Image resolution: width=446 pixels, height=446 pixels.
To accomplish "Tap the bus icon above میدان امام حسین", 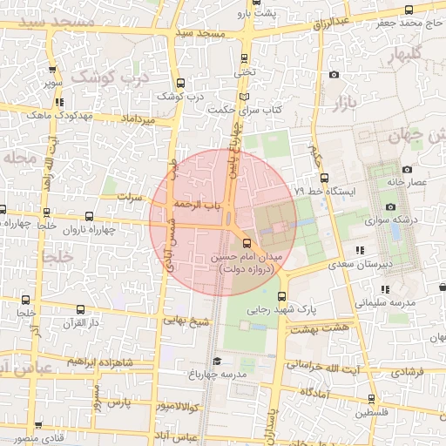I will click(246, 242).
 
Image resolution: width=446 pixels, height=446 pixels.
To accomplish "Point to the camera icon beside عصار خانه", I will click(407, 169).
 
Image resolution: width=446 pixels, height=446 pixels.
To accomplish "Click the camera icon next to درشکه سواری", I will click(389, 206).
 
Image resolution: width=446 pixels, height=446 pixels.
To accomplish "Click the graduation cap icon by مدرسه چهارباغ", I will click(217, 361).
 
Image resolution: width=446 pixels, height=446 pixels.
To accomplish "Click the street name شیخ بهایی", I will click(182, 320).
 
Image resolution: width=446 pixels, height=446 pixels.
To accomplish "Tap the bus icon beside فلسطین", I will click(372, 400).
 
